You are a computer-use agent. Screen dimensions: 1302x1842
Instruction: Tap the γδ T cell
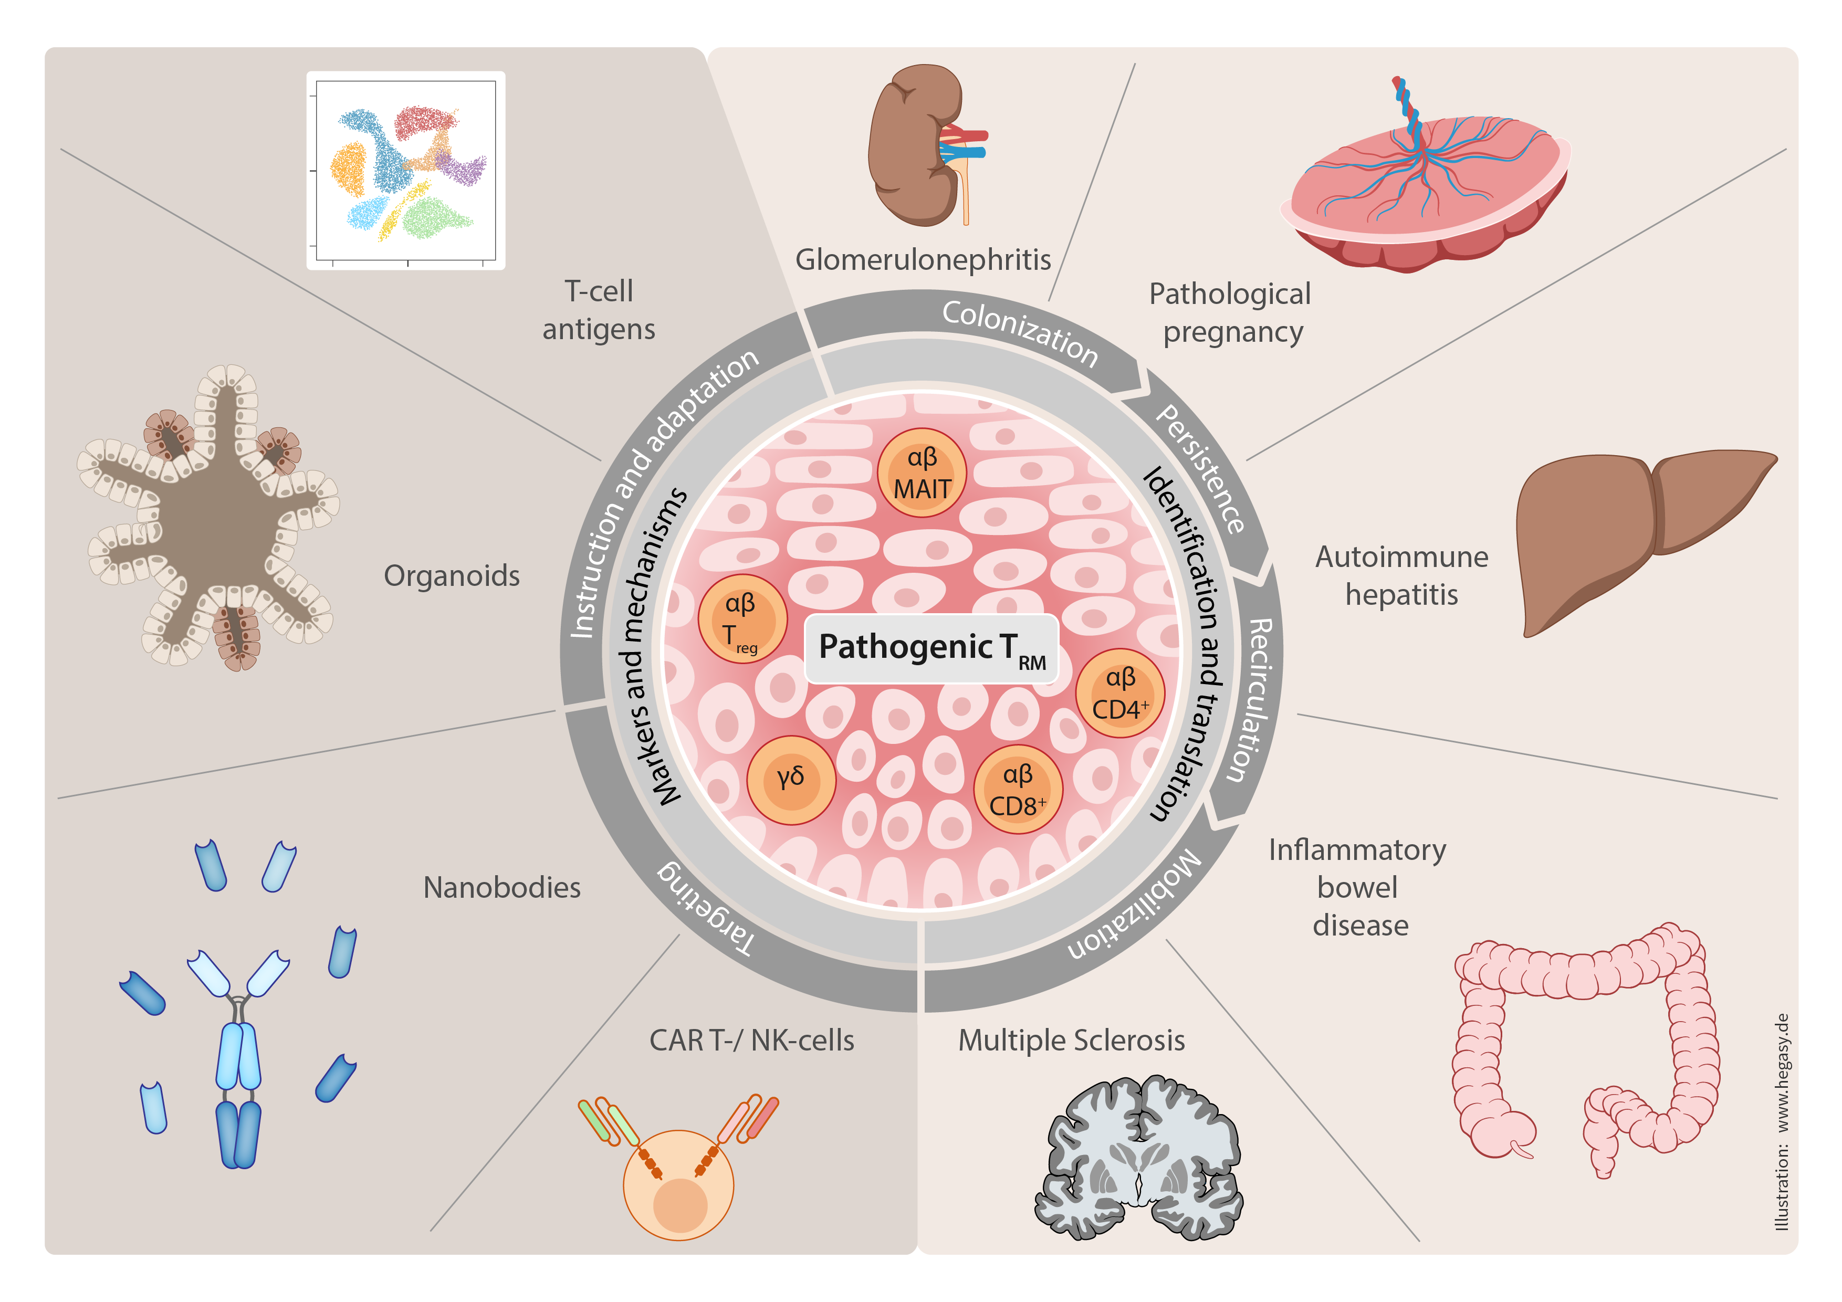click(x=791, y=780)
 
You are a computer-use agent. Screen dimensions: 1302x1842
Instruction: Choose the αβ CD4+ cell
click(x=1120, y=693)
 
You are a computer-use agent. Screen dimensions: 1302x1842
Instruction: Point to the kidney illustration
click(x=923, y=144)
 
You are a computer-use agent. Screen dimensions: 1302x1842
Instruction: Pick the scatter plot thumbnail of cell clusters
click(x=406, y=171)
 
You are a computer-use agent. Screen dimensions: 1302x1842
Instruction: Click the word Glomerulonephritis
click(x=923, y=260)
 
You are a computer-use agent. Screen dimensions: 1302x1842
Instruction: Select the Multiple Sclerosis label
click(x=1071, y=1041)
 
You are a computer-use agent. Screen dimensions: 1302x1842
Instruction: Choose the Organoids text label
click(x=452, y=576)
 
